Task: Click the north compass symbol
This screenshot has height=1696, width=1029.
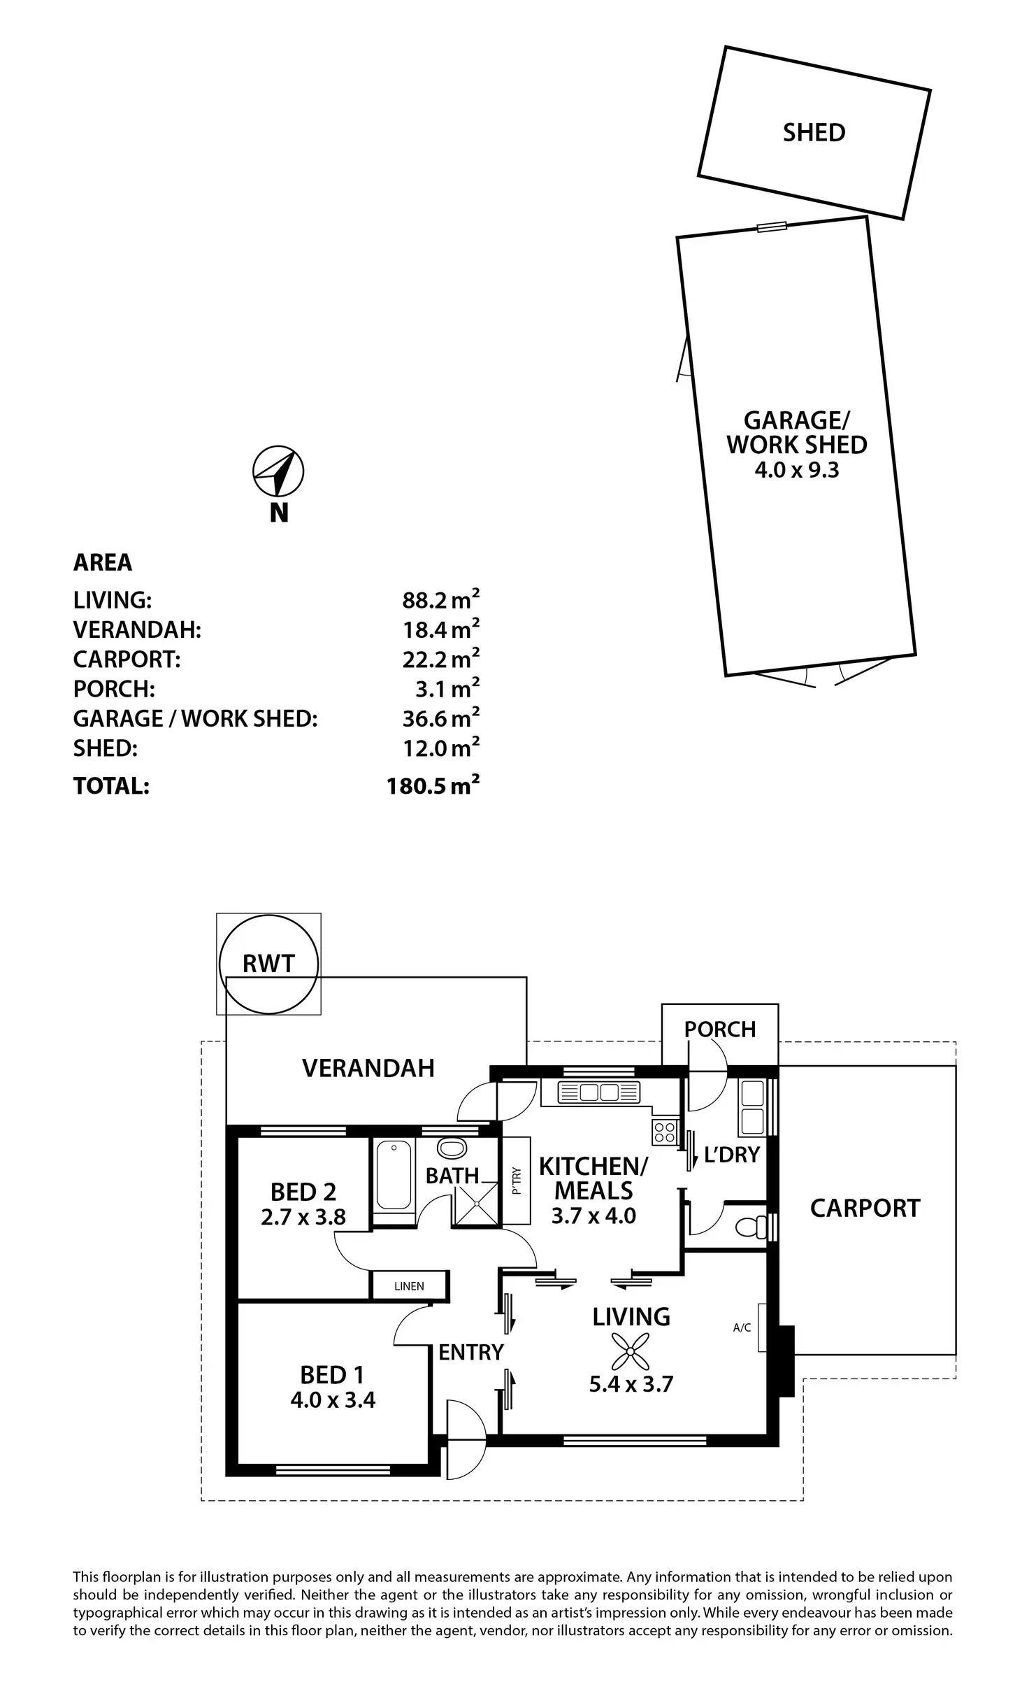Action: [x=278, y=471]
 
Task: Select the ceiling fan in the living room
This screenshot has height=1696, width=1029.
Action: [x=630, y=1350]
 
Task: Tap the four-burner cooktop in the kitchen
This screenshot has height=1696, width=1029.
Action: [x=664, y=1132]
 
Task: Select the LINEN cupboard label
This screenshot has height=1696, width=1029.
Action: [x=409, y=1285]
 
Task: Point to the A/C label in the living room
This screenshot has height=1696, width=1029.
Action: [x=742, y=1327]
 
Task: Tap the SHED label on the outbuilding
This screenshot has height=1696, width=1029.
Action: [x=814, y=132]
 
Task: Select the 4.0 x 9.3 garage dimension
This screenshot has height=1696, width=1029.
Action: [x=796, y=469]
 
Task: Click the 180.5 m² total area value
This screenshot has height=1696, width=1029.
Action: [x=433, y=786]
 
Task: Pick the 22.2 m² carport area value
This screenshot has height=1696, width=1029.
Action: [x=440, y=659]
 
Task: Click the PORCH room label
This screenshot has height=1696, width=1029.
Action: [x=720, y=1029]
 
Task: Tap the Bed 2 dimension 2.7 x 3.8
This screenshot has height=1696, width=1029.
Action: [x=303, y=1217]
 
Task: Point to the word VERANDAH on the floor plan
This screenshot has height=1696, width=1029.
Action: [x=368, y=1068]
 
